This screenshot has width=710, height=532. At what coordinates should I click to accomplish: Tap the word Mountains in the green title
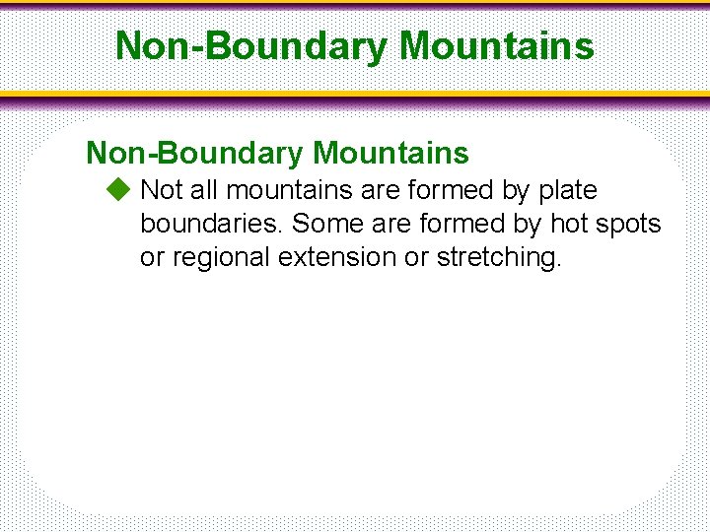click(497, 45)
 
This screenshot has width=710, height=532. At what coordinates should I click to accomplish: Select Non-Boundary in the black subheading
click(194, 153)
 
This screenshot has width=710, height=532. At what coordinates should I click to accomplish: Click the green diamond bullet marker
click(118, 189)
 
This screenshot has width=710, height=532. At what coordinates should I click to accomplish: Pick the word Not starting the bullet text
click(160, 189)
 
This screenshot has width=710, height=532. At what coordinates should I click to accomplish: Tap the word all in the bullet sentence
click(203, 189)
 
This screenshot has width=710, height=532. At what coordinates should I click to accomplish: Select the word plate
click(567, 189)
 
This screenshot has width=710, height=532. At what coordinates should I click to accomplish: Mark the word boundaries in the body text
click(212, 224)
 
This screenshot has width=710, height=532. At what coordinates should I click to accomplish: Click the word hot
click(573, 224)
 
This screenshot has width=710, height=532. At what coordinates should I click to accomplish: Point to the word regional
click(224, 258)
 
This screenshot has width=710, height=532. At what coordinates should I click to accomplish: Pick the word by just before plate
click(515, 189)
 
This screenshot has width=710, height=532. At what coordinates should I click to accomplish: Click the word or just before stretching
click(417, 257)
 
